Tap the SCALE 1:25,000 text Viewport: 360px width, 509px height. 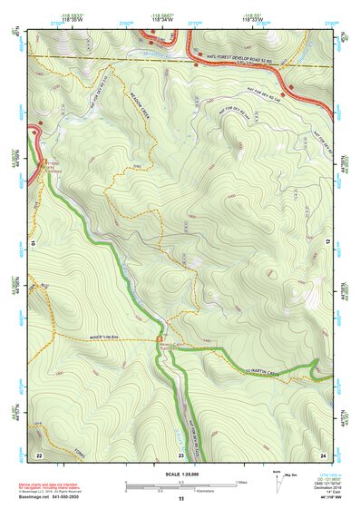click(180, 474)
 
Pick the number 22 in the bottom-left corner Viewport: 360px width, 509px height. click(38, 454)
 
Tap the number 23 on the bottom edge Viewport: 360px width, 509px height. click(180, 454)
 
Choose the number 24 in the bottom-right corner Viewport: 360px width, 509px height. click(322, 454)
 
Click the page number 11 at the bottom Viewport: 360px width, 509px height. click(180, 500)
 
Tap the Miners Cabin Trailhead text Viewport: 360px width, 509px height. click(172, 347)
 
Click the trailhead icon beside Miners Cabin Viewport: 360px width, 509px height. click(160, 353)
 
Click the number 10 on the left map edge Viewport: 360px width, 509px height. click(33, 244)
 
